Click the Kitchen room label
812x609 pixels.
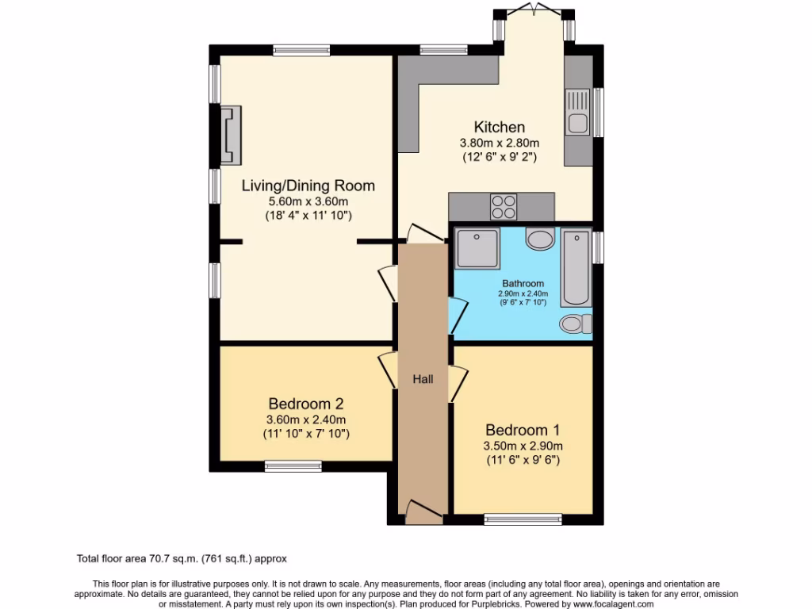tap(500, 127)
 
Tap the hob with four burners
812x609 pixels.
tap(504, 206)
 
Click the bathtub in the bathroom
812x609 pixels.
tap(576, 268)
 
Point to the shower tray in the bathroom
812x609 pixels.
tap(477, 249)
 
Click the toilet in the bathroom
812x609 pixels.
tap(575, 323)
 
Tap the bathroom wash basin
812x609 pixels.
tap(541, 239)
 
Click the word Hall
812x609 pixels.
tap(423, 380)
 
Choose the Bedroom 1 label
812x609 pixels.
tap(523, 430)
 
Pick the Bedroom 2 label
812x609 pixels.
tap(305, 403)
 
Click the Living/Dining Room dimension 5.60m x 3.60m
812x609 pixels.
tap(308, 201)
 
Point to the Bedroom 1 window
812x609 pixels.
tap(523, 520)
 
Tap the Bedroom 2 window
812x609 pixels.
tap(293, 465)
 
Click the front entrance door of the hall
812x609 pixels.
tap(423, 511)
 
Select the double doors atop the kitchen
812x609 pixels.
tap(534, 9)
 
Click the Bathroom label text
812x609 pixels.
tap(523, 283)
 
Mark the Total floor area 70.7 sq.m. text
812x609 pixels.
tap(186, 559)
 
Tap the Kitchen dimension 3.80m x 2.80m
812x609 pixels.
tap(500, 143)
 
